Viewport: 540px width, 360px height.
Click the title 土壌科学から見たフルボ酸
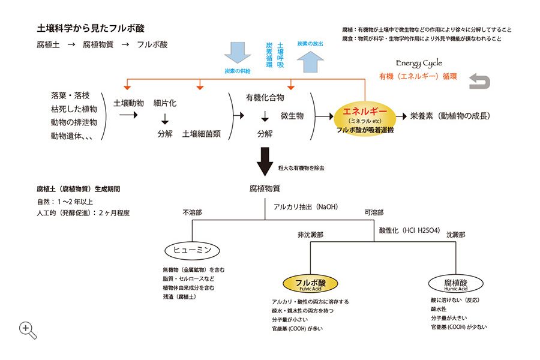click(91, 29)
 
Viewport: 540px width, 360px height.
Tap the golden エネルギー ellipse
click(364, 116)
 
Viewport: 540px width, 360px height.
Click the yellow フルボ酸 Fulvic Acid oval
click(311, 284)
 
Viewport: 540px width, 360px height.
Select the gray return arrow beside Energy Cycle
click(479, 82)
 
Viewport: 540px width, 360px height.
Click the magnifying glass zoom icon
click(28, 330)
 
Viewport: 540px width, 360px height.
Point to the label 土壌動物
click(128, 103)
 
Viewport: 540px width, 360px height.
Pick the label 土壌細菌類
click(201, 134)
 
